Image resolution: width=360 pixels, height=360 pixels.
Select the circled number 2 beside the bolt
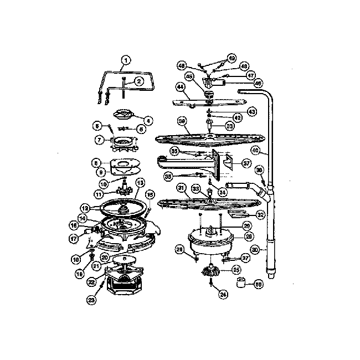pyautogui.click(x=138, y=81)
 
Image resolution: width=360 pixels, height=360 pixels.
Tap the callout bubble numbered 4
pyautogui.click(x=148, y=120)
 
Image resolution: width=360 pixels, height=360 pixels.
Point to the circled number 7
pyautogui.click(x=99, y=140)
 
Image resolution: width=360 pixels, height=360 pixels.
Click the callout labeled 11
pyautogui.click(x=99, y=194)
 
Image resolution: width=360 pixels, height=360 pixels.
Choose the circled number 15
pyautogui.click(x=148, y=194)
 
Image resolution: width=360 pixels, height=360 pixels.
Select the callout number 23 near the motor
pyautogui.click(x=91, y=300)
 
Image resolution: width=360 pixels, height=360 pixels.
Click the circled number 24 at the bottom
pyautogui.click(x=223, y=295)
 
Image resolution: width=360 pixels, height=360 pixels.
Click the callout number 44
pyautogui.click(x=180, y=86)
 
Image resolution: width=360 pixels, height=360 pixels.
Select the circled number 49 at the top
pyautogui.click(x=232, y=58)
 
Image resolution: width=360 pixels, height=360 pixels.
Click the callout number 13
pyautogui.click(x=140, y=182)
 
